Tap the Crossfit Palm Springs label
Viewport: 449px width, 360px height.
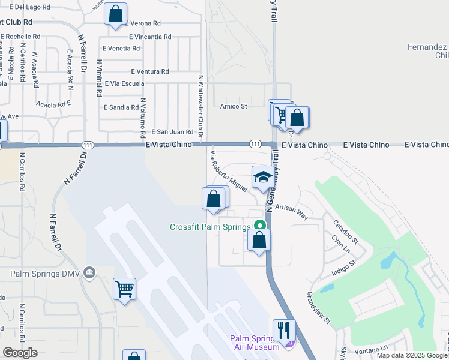(209, 227)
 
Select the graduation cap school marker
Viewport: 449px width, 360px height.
(262, 177)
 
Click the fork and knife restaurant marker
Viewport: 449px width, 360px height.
(283, 330)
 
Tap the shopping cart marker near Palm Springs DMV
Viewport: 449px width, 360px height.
(124, 289)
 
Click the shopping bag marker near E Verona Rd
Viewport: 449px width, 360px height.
(115, 14)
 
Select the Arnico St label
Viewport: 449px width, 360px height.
(234, 106)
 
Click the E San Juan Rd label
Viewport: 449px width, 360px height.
(172, 132)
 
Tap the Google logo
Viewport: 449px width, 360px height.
(20, 353)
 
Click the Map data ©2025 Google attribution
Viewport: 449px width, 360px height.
(412, 355)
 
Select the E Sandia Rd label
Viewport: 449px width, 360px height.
(121, 108)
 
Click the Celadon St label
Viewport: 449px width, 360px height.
(345, 232)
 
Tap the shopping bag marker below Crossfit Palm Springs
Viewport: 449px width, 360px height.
(259, 240)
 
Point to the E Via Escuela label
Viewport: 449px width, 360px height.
(125, 84)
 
